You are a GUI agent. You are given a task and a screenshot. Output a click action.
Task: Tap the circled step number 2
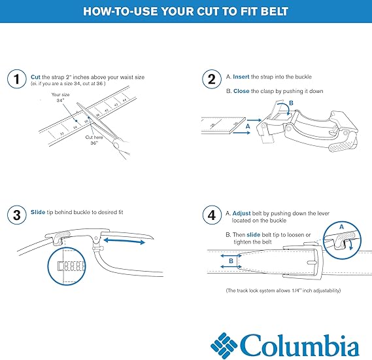[211, 80]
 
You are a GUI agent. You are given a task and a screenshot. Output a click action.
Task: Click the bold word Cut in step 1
[36, 77]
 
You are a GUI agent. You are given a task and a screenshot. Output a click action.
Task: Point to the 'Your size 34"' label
[60, 99]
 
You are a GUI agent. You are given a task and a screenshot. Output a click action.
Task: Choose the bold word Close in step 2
[242, 91]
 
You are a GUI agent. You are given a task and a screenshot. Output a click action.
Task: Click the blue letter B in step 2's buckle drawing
[292, 103]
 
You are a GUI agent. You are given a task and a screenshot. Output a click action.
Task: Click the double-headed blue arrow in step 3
[125, 242]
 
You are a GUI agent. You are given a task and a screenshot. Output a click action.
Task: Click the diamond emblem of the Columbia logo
[223, 344]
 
